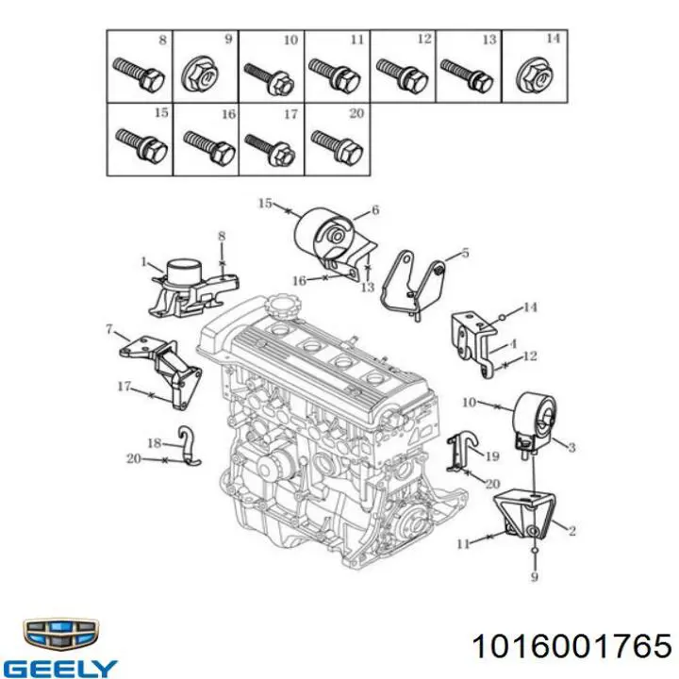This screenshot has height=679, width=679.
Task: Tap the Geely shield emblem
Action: point(60,635)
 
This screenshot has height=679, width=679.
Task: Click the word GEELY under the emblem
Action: point(62,669)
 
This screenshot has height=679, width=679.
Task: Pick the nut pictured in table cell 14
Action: point(536,76)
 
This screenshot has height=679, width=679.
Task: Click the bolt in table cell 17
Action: point(271,149)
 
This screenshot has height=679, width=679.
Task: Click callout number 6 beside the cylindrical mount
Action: point(375,210)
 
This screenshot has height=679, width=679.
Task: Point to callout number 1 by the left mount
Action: point(144,261)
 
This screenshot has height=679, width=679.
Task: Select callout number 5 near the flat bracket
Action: point(465,252)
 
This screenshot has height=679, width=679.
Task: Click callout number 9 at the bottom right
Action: point(535,576)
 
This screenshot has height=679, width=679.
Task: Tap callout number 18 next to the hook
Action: point(154,443)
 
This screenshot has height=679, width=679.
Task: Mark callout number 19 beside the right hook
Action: point(492,455)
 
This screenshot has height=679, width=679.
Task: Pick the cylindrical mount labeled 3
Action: point(534,422)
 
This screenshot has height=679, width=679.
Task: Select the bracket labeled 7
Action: point(161,371)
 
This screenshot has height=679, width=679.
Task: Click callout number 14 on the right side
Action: point(530,307)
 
